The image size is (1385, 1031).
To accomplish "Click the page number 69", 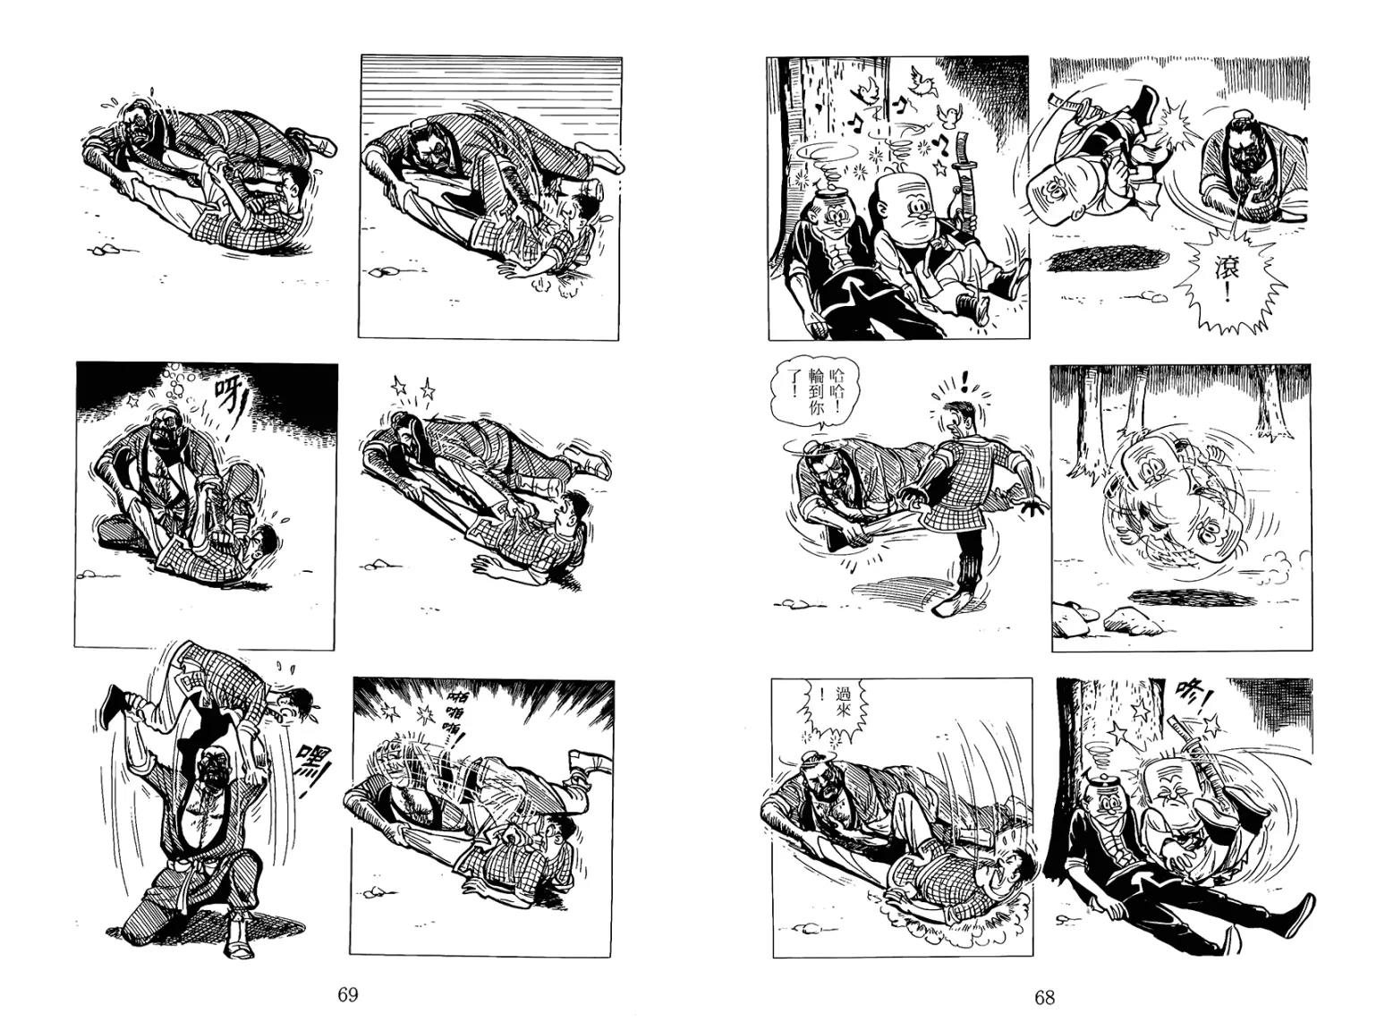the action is coord(348,994).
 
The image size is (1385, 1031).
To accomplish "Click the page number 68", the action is coord(1044,996).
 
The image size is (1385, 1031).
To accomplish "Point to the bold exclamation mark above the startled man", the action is coord(966,380).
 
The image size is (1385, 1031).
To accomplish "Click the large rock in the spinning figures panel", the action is coord(1129,621).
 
